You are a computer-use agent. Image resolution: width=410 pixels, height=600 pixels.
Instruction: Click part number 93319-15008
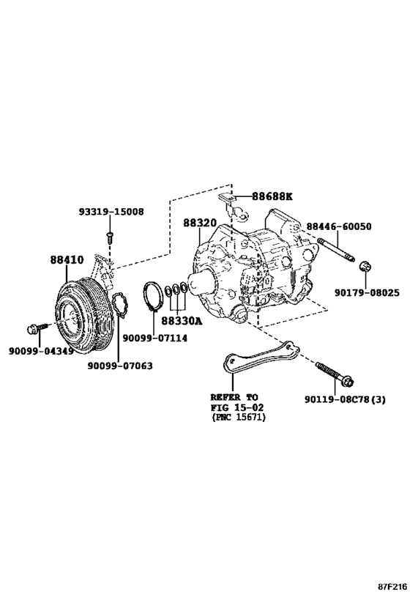click(112, 211)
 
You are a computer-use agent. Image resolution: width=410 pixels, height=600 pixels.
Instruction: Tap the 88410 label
click(67, 260)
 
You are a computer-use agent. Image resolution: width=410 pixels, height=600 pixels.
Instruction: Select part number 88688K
click(272, 196)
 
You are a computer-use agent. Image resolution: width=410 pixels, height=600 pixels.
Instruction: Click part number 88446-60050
click(338, 226)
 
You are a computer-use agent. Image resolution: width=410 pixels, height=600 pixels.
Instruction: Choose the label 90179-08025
click(367, 293)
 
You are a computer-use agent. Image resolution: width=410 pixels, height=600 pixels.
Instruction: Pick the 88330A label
click(182, 321)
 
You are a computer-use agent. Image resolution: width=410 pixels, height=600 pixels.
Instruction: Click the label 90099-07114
click(155, 338)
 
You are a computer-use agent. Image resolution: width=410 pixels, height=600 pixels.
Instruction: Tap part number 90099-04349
click(41, 350)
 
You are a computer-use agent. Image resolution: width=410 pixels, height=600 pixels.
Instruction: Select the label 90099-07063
click(120, 366)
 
